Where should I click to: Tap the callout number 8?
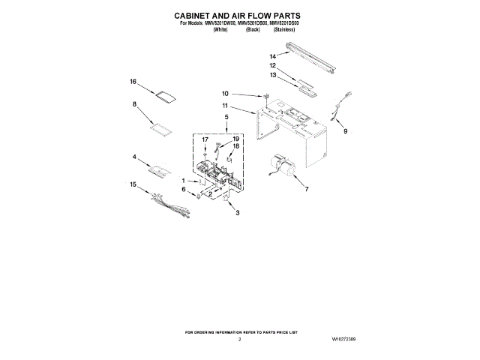coord(135,105)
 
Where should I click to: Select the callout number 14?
coord(274,56)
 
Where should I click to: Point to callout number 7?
coord(306,190)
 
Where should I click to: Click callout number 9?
coord(345,131)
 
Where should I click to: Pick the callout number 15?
coord(133,184)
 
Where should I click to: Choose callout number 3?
coord(238,214)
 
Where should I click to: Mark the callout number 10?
coord(224,94)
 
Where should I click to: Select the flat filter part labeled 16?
coord(164,95)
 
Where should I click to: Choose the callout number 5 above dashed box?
coord(226,118)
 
